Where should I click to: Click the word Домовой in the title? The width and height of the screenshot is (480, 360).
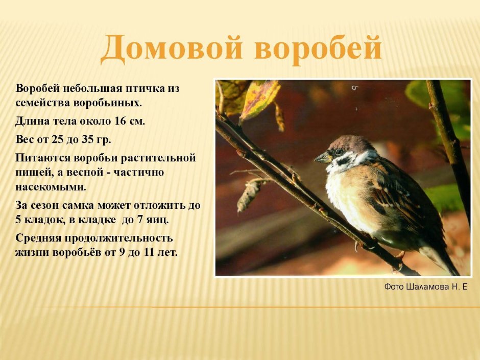(171, 49)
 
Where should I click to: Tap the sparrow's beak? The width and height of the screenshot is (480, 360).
(322, 158)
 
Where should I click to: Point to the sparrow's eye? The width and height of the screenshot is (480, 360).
(339, 152)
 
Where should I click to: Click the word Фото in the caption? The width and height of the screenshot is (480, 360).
(394, 287)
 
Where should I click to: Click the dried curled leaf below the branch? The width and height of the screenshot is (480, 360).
(249, 195)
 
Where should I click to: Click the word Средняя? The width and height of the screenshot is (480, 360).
(39, 238)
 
